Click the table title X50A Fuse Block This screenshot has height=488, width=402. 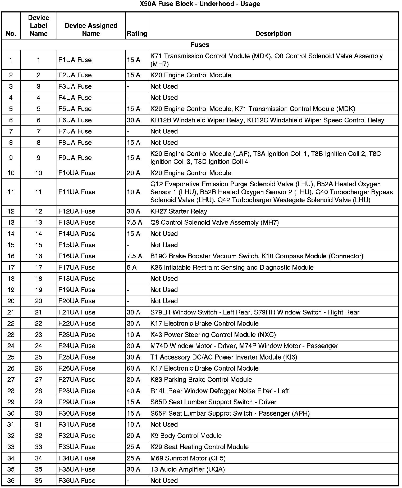200,4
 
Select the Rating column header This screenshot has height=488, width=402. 137,34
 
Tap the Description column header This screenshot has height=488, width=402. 273,34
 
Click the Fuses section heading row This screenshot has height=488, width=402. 200,45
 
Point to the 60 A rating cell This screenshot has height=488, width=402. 134,368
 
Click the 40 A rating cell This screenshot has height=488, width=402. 134,391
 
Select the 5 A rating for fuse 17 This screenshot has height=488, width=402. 132,267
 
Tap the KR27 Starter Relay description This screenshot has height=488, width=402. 179,211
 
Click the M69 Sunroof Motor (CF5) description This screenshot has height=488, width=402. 188,458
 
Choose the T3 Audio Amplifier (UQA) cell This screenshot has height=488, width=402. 188,469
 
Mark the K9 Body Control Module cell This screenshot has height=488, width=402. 186,436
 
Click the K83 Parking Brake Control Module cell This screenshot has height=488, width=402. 201,379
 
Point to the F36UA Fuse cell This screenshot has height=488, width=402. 77,481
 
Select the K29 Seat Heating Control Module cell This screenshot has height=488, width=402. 199,447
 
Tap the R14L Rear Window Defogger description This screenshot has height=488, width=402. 220,391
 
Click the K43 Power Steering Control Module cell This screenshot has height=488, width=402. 213,335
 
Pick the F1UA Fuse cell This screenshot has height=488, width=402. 75,60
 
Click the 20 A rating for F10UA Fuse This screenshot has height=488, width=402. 134,173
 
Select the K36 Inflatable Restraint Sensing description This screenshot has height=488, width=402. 232,267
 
